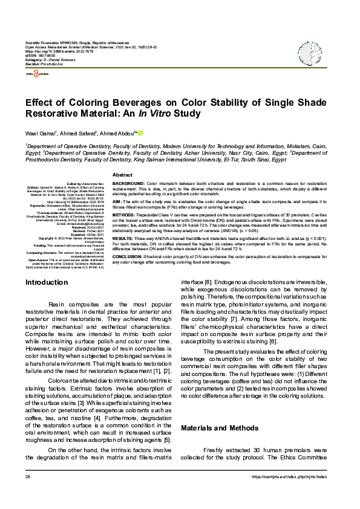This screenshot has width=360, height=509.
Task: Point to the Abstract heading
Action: [x=123, y=174]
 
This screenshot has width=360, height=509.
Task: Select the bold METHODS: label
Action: [x=125, y=214]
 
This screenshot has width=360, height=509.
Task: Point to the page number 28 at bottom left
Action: [x=28, y=494]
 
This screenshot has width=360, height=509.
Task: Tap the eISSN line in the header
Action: [x=42, y=56]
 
